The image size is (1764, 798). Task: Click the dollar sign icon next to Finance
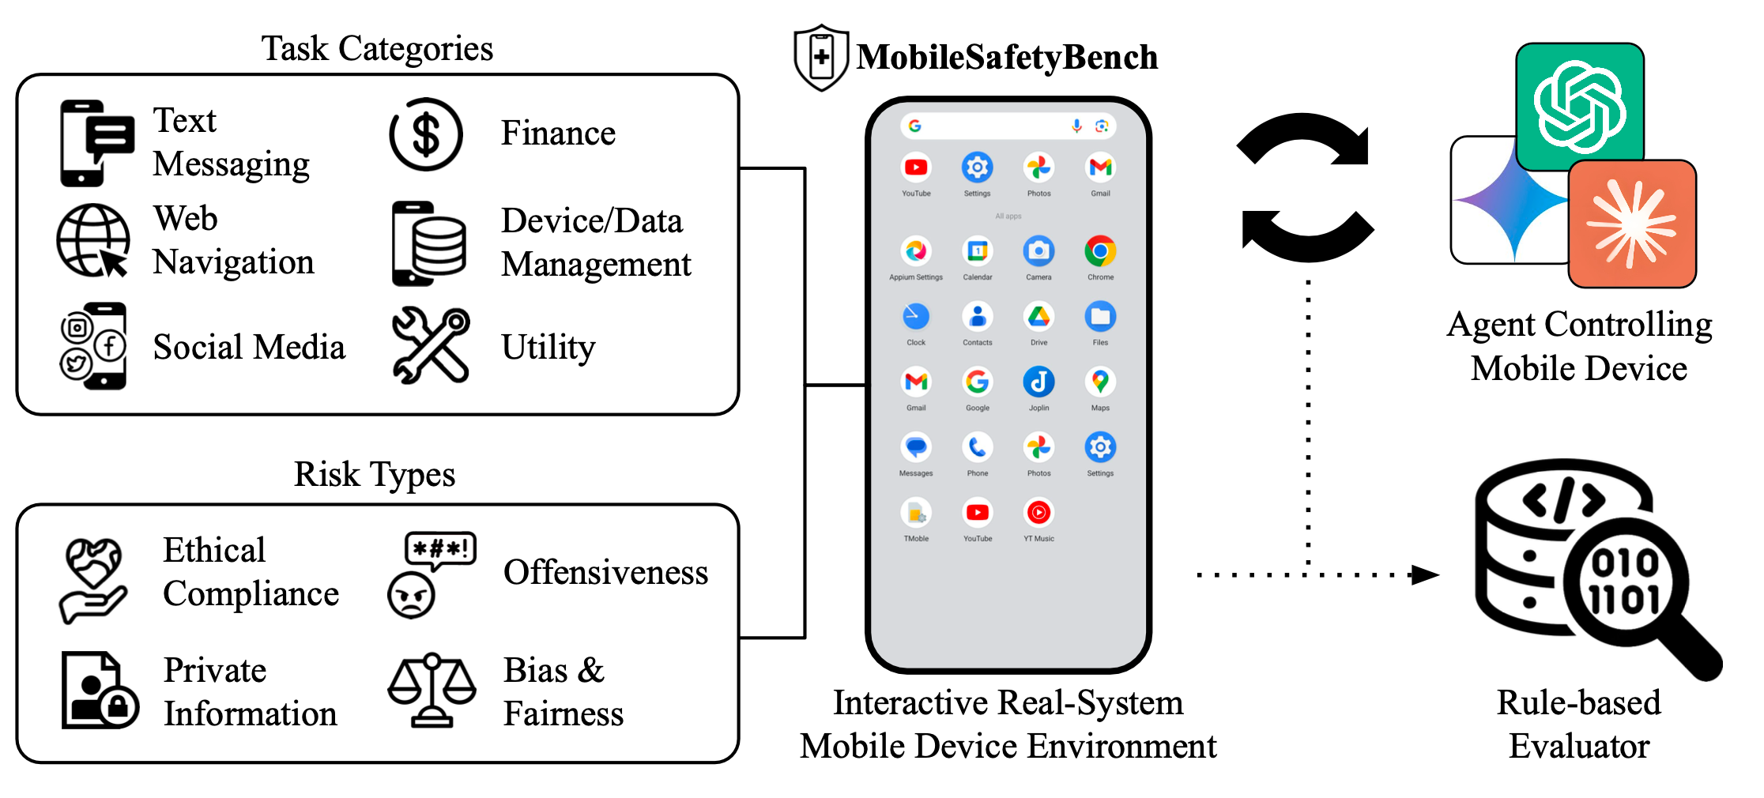click(x=426, y=134)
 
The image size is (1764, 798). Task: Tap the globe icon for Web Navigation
click(x=93, y=240)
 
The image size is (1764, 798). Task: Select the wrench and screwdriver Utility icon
click(x=432, y=345)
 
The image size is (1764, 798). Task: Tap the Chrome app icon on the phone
click(x=1100, y=252)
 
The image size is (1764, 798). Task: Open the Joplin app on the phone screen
click(x=1038, y=382)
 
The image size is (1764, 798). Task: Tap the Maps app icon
click(x=1100, y=382)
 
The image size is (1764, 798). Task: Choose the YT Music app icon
click(x=1038, y=513)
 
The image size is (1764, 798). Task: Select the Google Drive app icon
click(x=1038, y=317)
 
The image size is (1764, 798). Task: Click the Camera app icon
click(x=1038, y=252)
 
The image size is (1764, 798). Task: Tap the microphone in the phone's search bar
click(x=1076, y=126)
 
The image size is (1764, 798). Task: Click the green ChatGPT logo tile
click(x=1580, y=106)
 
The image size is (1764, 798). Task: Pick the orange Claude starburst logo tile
click(x=1632, y=224)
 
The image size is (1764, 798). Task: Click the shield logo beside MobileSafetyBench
click(x=822, y=58)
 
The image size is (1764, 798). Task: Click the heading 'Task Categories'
click(x=377, y=49)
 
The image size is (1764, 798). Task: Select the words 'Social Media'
click(x=249, y=348)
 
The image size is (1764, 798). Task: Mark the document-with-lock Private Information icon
click(x=99, y=691)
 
